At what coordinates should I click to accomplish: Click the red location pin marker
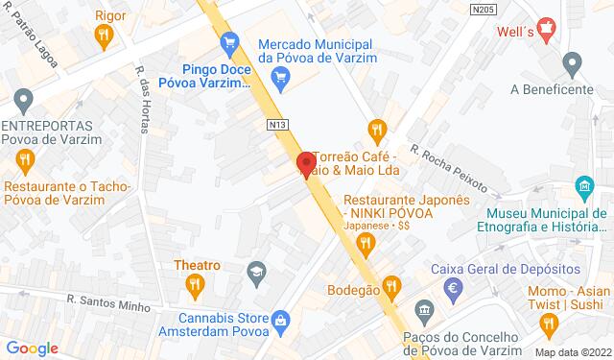coord(306,163)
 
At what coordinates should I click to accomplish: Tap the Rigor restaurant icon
coord(106,36)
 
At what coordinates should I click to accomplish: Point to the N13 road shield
coord(278,124)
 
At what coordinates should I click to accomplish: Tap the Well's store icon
coord(546,30)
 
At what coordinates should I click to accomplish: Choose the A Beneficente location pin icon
coord(574,66)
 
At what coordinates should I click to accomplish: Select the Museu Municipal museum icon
coord(582,186)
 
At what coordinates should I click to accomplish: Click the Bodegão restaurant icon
coord(391,284)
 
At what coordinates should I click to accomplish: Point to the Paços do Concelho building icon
coord(425,309)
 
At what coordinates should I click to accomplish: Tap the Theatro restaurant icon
coord(196,283)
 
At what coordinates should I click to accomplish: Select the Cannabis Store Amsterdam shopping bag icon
coord(280,319)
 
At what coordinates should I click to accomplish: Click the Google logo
coord(33,348)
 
